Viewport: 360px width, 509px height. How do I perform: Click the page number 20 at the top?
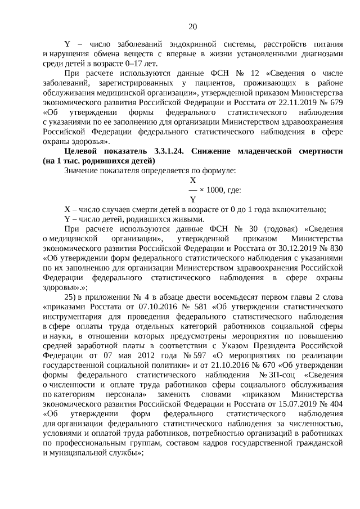(193, 26)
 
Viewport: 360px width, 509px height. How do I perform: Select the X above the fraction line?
(193, 181)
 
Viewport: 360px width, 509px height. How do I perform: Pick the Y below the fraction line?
(193, 199)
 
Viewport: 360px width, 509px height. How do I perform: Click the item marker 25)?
(70, 296)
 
